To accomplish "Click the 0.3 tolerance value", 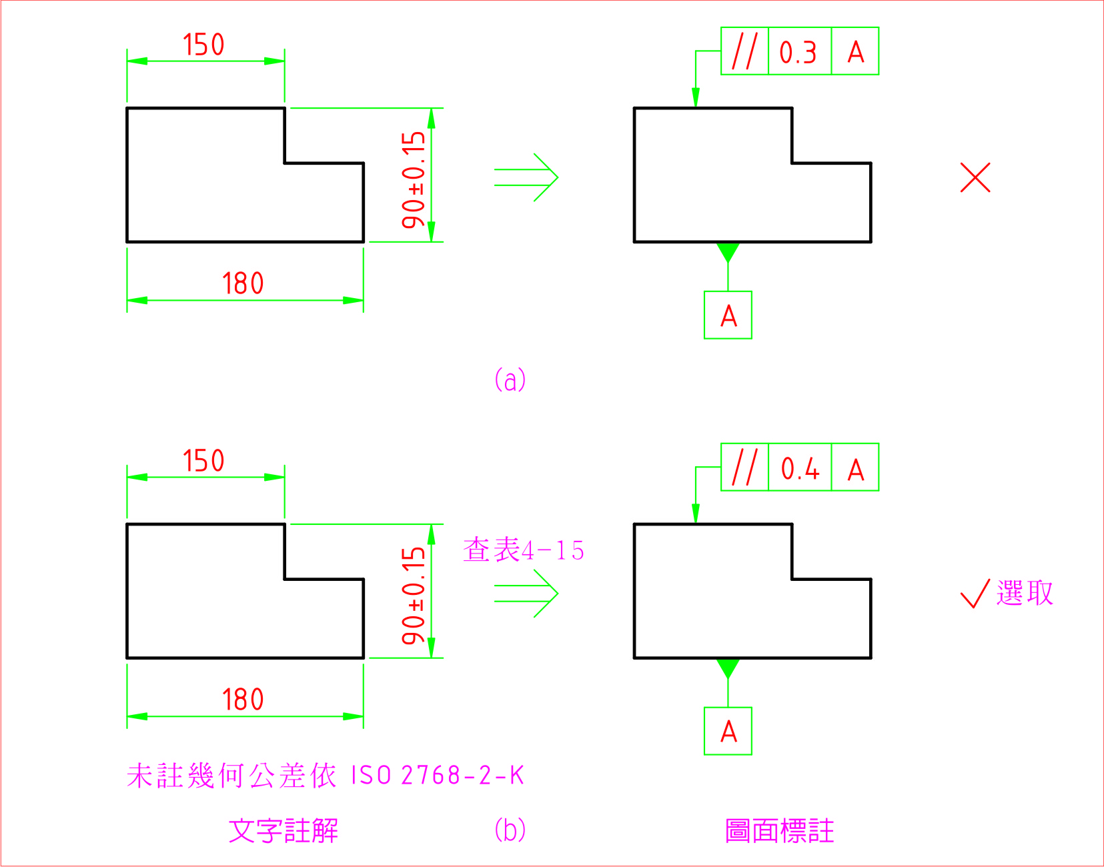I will (798, 52).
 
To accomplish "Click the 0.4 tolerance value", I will (800, 468).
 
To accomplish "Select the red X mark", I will (975, 177).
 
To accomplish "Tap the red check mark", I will (975, 593).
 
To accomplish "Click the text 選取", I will (1025, 593).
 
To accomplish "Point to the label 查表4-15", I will (524, 550).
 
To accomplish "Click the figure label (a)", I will (510, 380).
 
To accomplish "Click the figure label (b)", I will (510, 830).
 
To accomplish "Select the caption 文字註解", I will (284, 831).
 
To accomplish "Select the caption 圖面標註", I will (780, 831).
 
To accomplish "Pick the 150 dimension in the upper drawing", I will (203, 45).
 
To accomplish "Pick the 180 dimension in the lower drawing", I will (243, 700).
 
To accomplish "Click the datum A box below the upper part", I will (728, 315).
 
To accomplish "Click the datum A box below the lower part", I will (728, 731).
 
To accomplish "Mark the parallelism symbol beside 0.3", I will (744, 51).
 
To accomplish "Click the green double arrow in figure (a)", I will (526, 177).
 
